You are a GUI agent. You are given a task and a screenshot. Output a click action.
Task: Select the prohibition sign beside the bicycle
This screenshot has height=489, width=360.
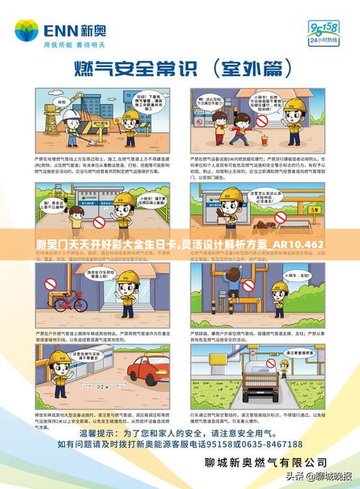click(x=51, y=284)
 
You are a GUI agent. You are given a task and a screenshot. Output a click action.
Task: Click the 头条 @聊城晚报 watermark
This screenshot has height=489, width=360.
click(x=317, y=477)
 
